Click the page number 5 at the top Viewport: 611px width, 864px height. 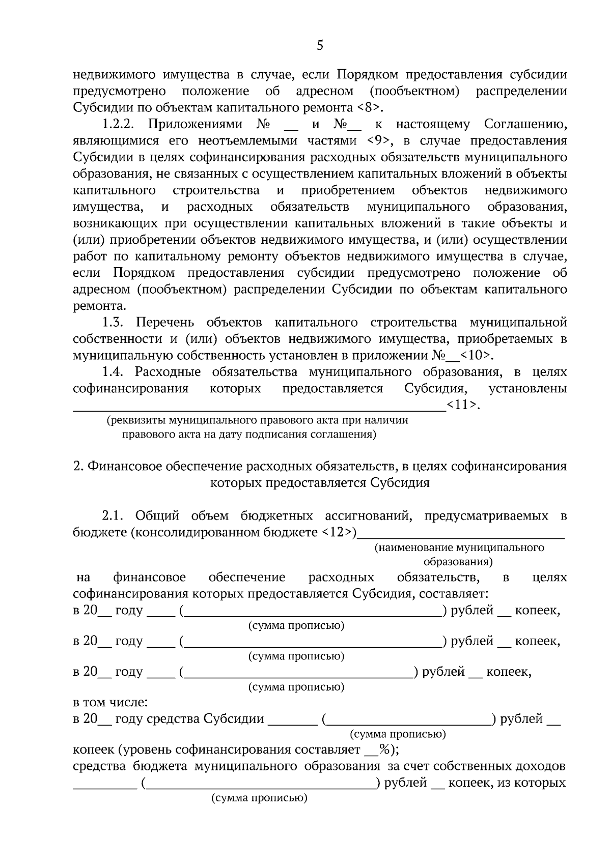point(320,46)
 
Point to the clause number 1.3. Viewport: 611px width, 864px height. point(114,323)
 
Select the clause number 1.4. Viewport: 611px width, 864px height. point(114,372)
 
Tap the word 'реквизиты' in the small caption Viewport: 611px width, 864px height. point(133,421)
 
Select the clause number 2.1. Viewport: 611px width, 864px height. point(114,516)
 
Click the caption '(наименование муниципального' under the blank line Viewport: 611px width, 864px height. point(459,548)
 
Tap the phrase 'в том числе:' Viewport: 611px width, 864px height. point(110,703)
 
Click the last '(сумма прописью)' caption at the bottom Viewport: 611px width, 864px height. point(260,798)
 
